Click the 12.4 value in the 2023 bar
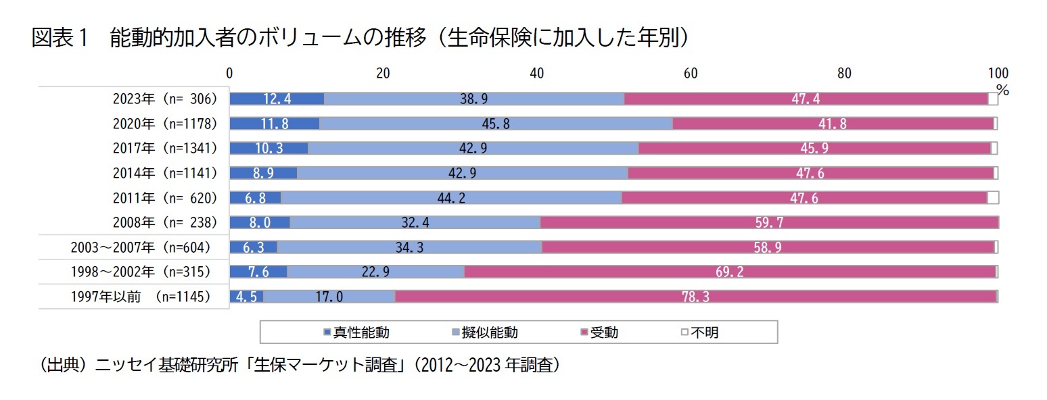coord(277,99)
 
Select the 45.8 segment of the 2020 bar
coord(496,124)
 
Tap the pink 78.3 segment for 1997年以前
coord(695,297)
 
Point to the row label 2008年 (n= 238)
coord(165,222)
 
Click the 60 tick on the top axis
coord(691,74)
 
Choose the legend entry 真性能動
coord(356,332)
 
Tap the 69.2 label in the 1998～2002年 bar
coord(729,272)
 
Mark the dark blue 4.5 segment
coord(246,297)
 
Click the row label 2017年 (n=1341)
coord(165,148)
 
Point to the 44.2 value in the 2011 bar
coord(451,198)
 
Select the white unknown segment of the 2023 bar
coord(993,99)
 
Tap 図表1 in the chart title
coord(60,39)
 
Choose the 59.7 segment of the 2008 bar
coord(769,222)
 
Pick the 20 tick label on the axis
coord(383,74)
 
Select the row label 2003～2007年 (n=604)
coord(141,247)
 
